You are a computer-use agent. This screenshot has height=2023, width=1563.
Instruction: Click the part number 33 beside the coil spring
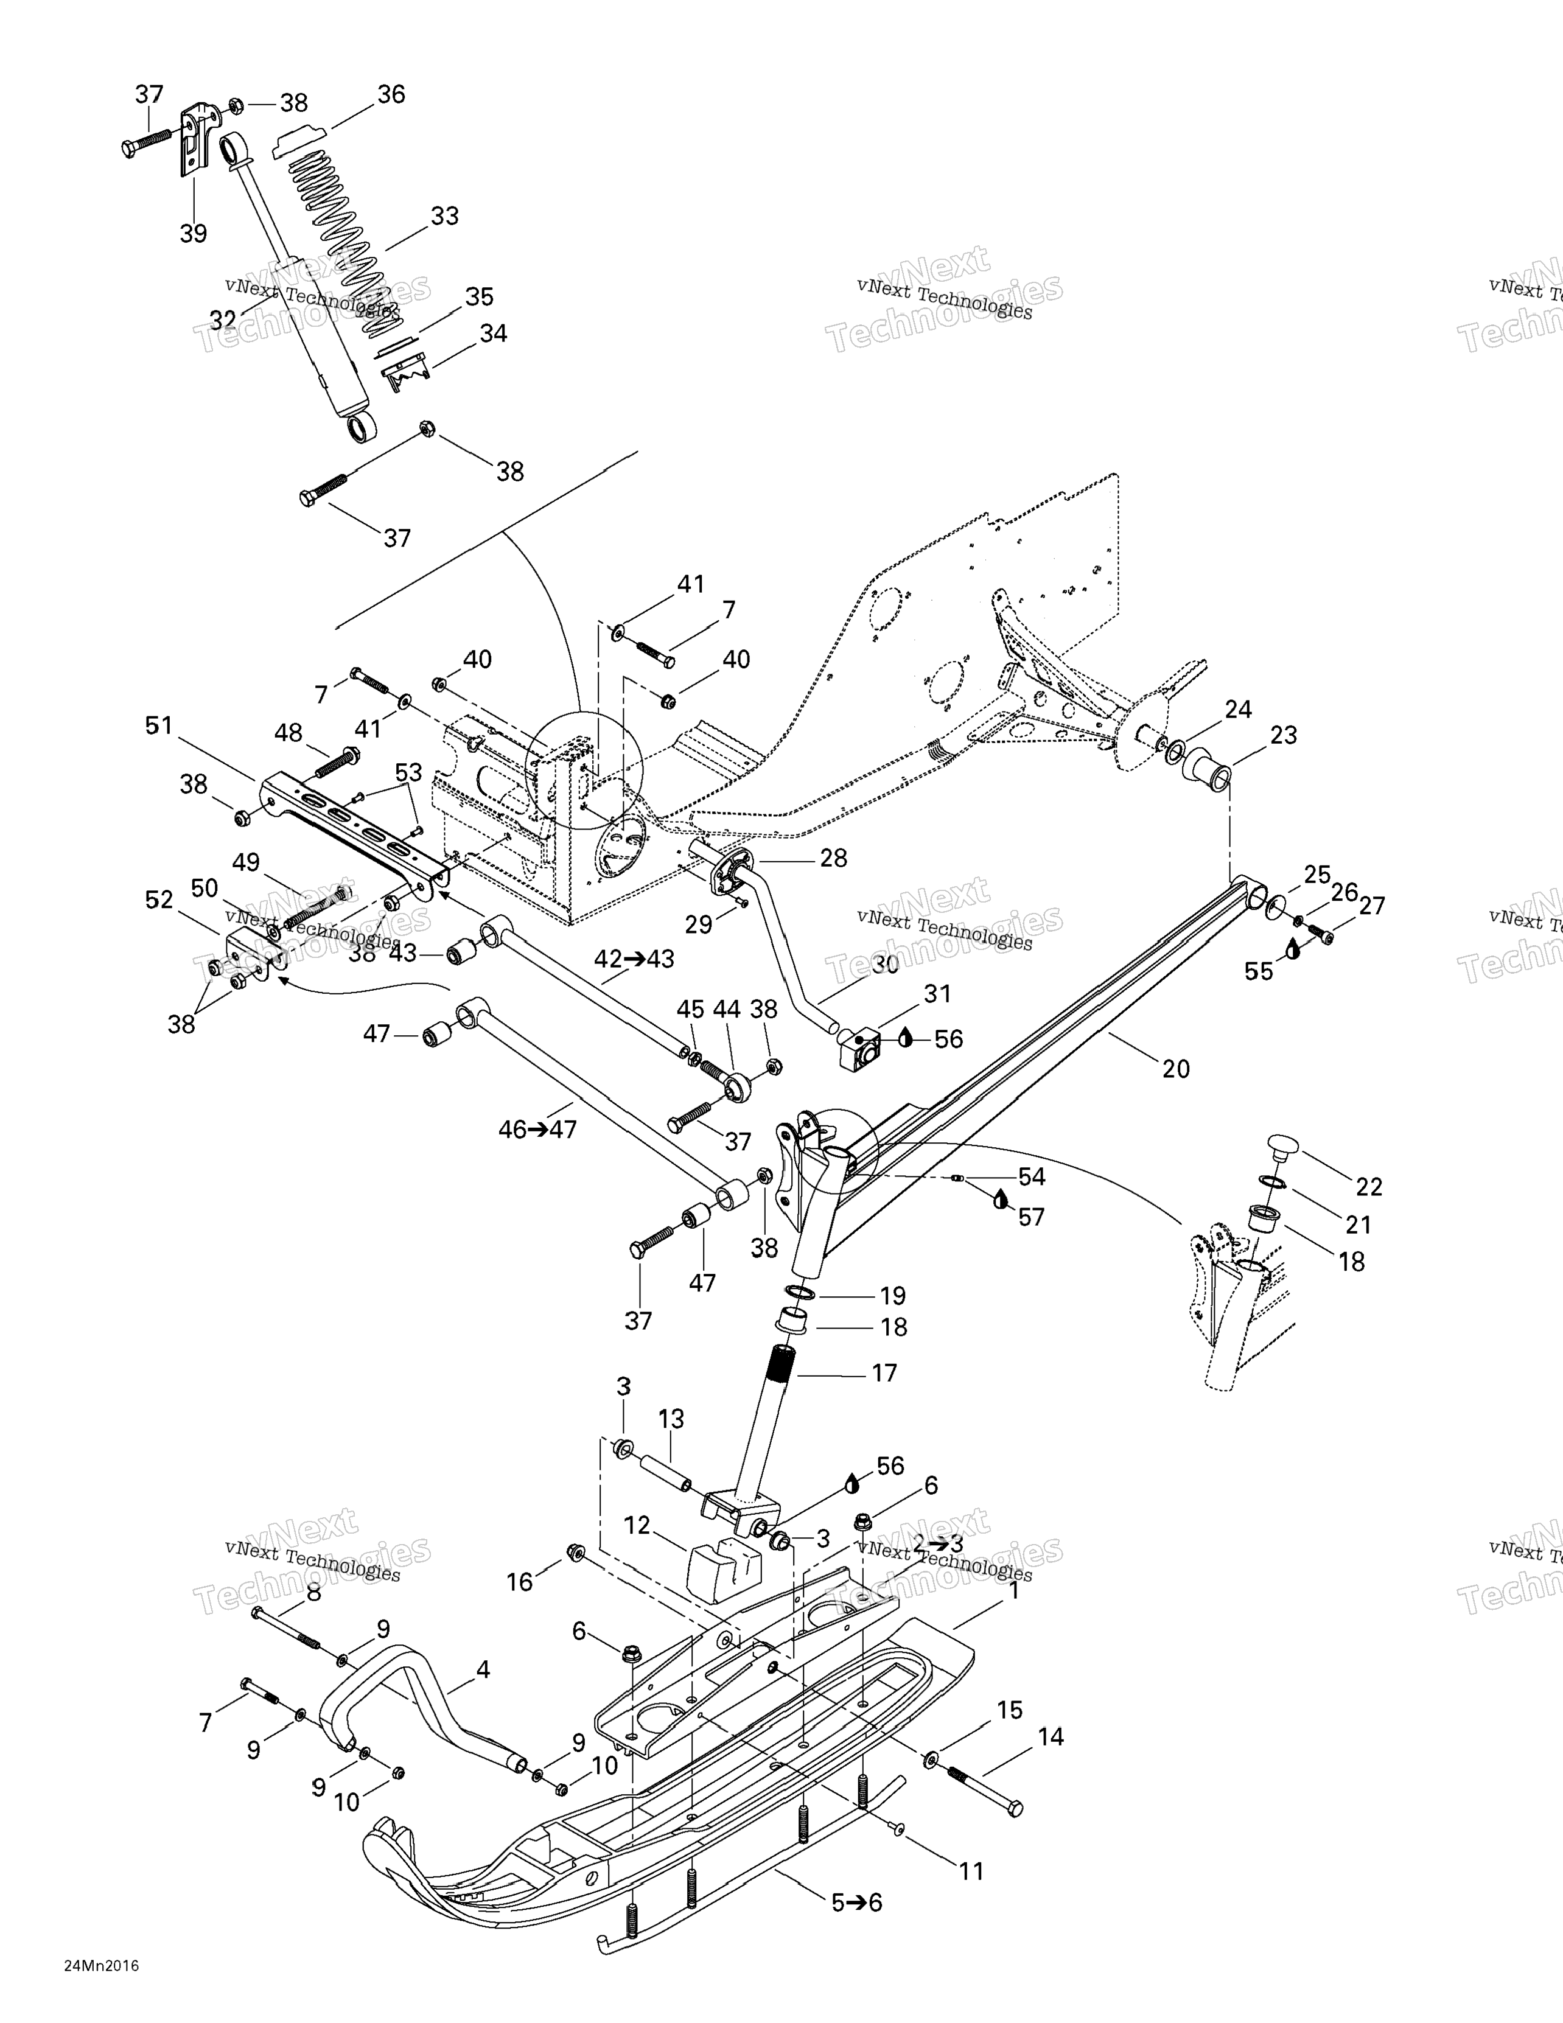[x=445, y=216]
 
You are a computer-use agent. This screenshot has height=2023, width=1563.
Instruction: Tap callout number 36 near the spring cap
[x=391, y=94]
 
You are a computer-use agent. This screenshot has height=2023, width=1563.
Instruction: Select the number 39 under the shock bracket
[x=193, y=234]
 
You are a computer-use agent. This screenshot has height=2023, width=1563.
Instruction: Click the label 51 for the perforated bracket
[x=159, y=725]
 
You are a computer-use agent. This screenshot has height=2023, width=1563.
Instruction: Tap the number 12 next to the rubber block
[x=637, y=1526]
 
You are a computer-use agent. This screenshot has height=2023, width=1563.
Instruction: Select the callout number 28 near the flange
[x=833, y=859]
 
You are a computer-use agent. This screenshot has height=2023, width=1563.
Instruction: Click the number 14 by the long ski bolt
[x=1051, y=1737]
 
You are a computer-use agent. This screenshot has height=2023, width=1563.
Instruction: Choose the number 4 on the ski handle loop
[x=483, y=1670]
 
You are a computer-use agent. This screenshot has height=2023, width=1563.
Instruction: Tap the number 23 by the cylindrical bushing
[x=1283, y=735]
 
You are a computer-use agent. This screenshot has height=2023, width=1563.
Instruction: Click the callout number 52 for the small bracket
[x=159, y=900]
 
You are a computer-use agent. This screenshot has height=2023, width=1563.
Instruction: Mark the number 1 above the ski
[x=1013, y=1591]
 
